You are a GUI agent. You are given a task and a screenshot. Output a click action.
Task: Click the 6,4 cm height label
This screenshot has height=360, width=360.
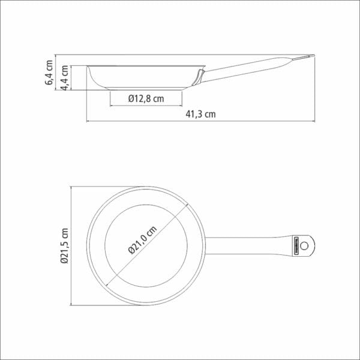(x=49, y=73)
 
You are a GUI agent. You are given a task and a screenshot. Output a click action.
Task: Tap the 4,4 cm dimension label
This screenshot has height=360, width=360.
(x=65, y=78)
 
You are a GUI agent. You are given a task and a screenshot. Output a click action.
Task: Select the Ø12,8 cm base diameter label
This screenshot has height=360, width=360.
(x=146, y=99)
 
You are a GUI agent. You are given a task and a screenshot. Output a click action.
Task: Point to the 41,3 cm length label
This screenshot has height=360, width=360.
(x=200, y=114)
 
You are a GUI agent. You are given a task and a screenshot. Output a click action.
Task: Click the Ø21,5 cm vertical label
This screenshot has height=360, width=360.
(x=65, y=245)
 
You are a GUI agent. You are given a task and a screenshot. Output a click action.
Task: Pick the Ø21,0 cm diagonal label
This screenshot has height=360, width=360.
(x=143, y=240)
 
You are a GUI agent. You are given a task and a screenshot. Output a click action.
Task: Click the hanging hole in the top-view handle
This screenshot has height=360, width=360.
(x=304, y=246)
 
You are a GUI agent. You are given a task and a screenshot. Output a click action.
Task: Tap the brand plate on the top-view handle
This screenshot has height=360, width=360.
(x=296, y=246)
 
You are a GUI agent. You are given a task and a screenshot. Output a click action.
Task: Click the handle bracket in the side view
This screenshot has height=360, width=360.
(x=198, y=77)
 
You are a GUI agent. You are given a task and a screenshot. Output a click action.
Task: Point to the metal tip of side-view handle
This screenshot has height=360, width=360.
(x=303, y=58)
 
